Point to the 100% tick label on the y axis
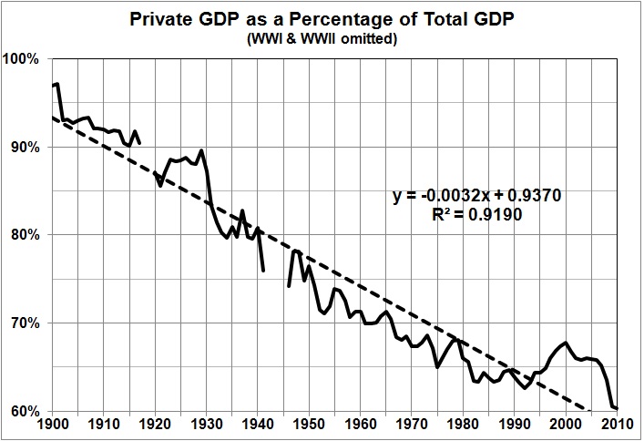pos(22,59)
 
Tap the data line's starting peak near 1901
pos(58,84)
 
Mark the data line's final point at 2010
pos(618,408)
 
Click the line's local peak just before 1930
pos(201,150)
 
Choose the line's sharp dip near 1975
pos(438,366)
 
